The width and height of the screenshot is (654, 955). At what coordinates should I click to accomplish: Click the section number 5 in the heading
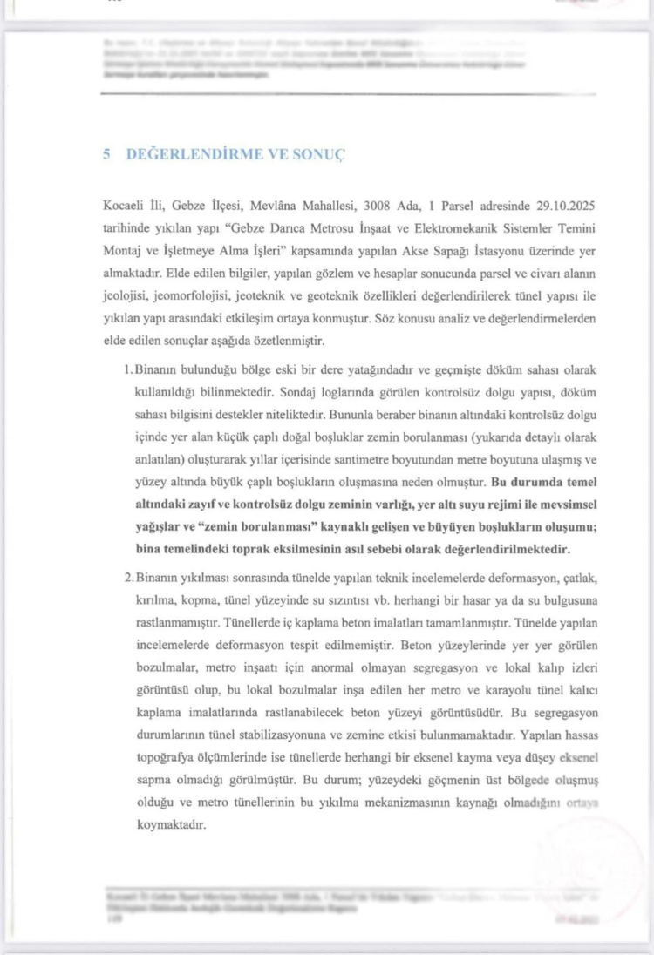click(106, 154)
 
